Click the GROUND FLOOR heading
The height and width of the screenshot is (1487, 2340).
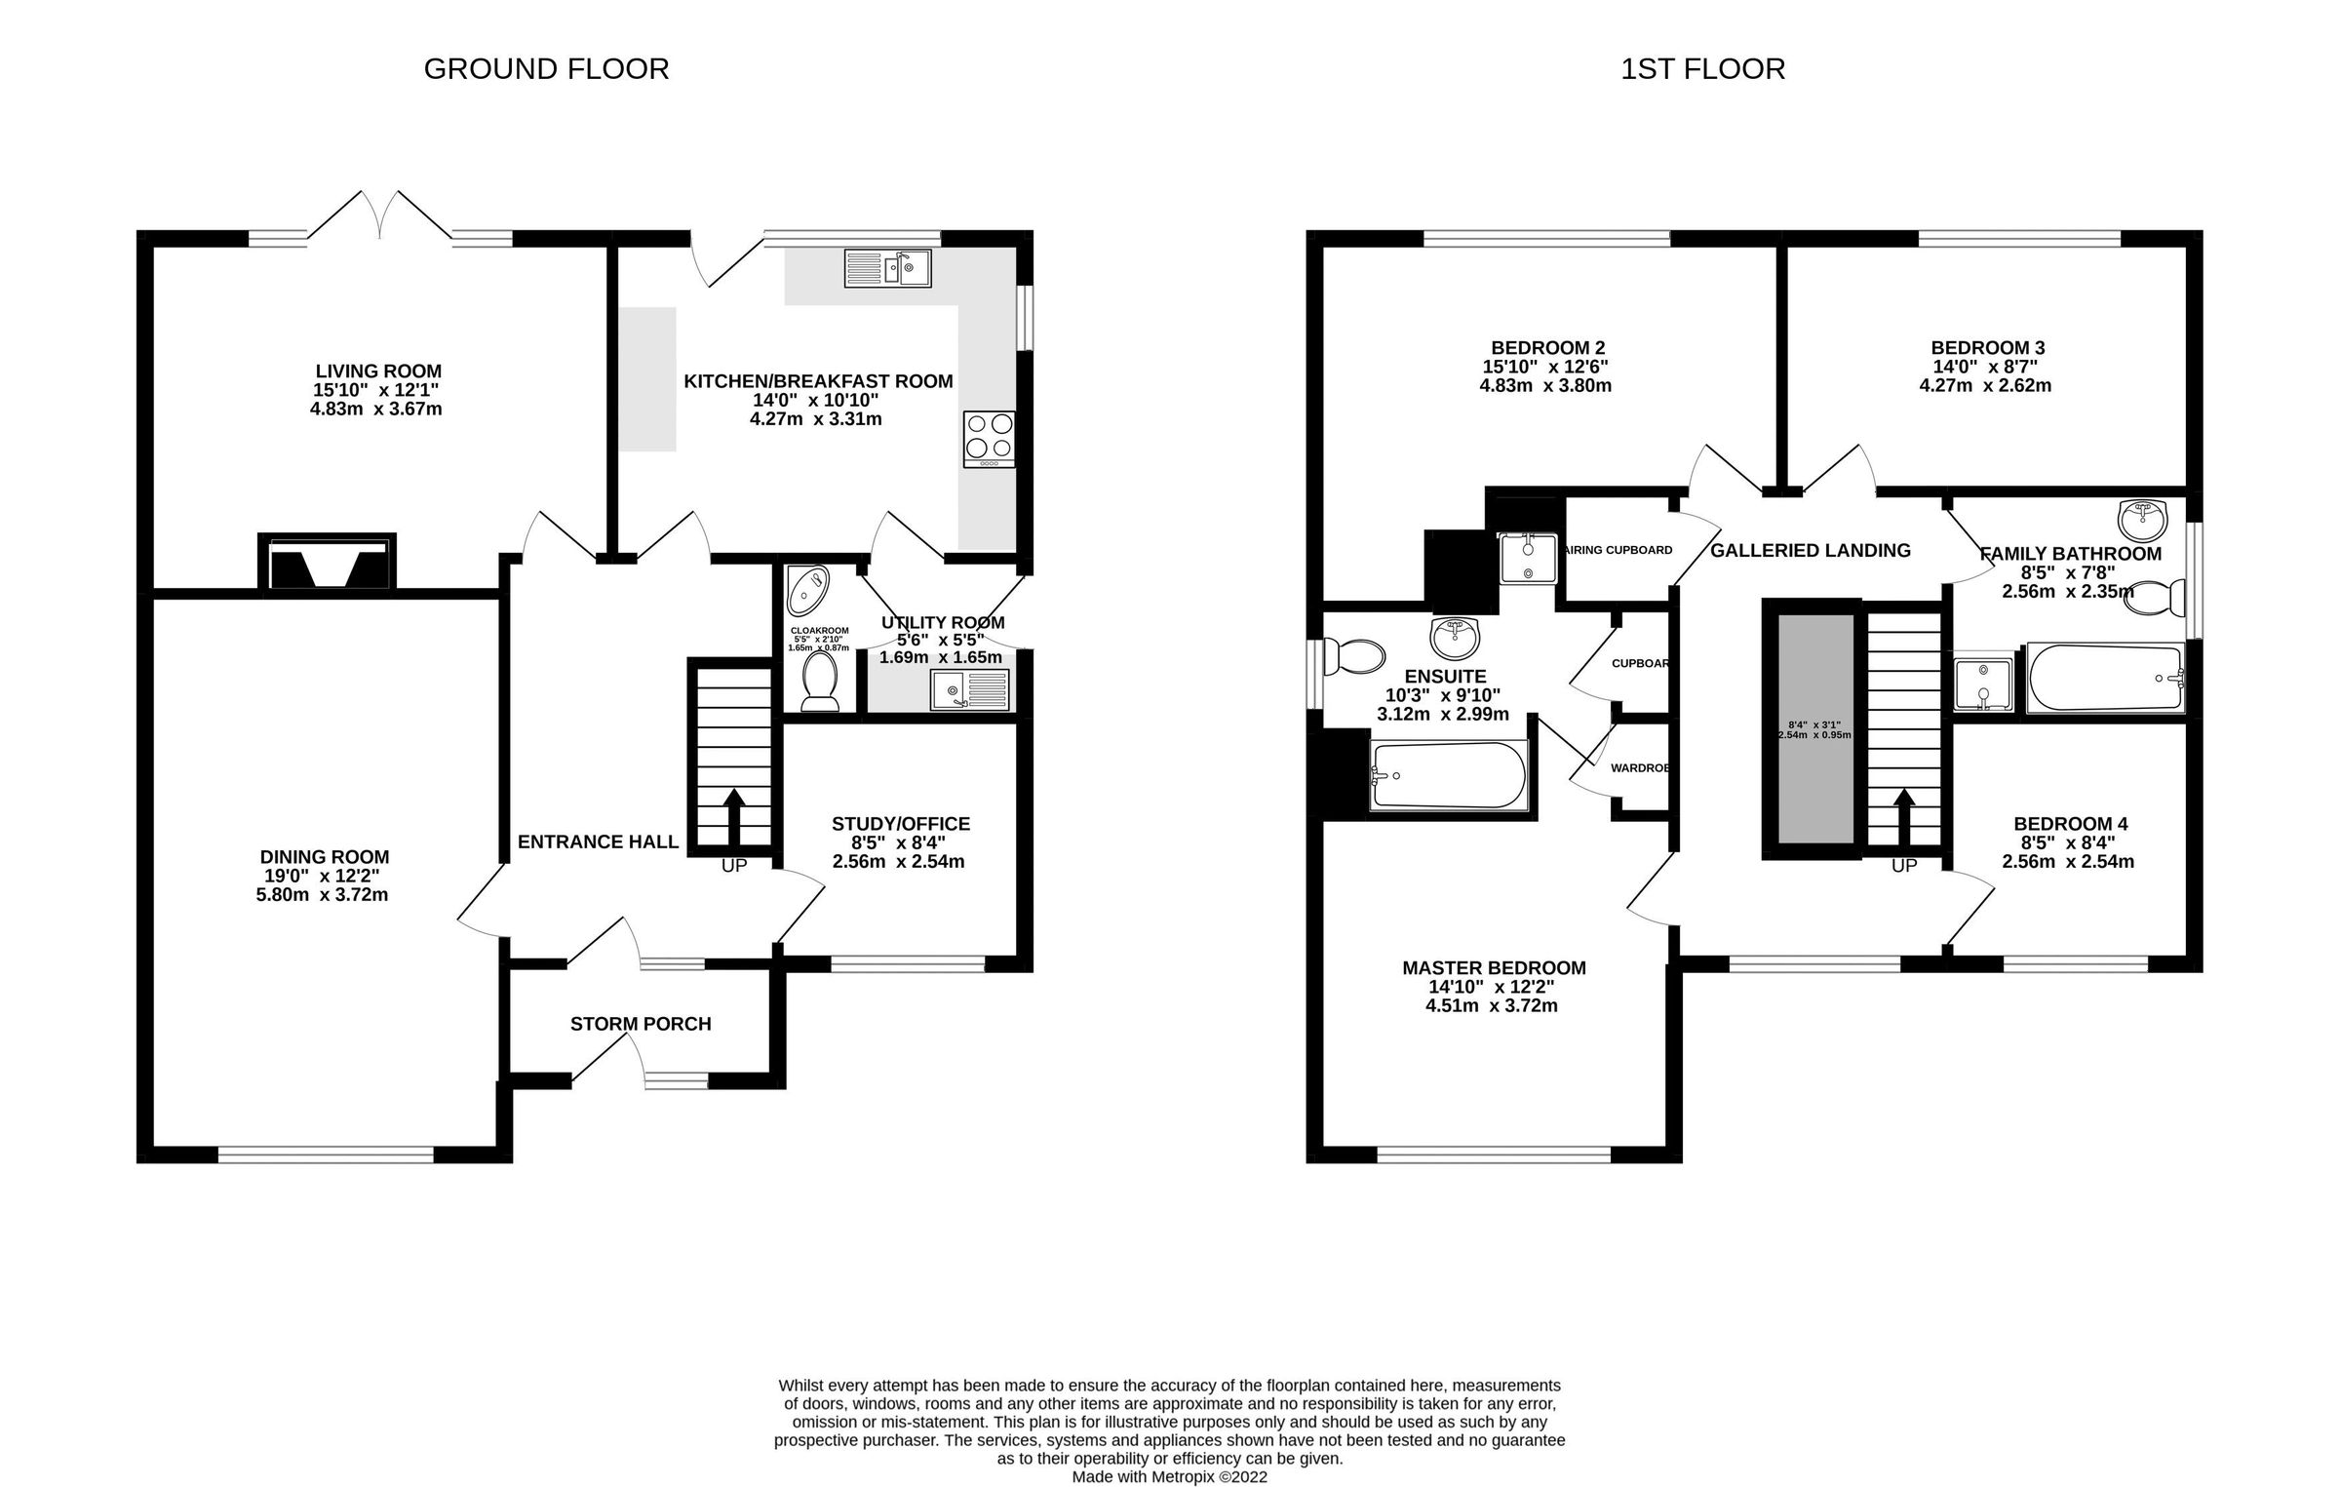point(546,69)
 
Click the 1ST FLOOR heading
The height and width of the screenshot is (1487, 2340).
point(1702,69)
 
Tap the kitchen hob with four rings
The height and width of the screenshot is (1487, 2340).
point(989,439)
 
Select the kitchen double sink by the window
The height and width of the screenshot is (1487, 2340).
point(887,268)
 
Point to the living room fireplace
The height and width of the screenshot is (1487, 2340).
point(327,563)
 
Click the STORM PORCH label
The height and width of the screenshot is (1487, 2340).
point(641,1024)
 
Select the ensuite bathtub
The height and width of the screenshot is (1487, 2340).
point(1448,775)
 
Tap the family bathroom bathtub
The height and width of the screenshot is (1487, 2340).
point(2104,678)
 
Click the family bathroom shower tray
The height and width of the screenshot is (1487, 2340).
point(1982,684)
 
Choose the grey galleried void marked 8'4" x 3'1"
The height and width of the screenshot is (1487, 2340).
point(1814,728)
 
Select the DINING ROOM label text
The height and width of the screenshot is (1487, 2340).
point(325,857)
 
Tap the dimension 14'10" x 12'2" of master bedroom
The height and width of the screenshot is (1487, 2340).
point(1492,987)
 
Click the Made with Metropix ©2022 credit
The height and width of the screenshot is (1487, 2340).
point(1169,1476)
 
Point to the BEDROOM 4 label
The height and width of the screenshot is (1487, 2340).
point(2070,824)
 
